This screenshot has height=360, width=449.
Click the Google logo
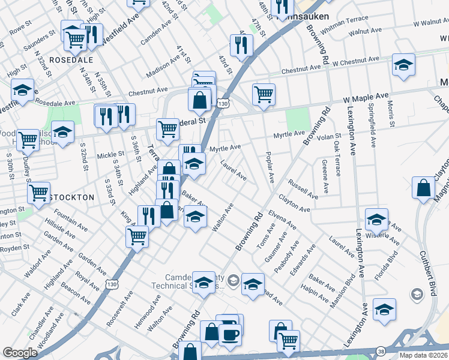[20, 353]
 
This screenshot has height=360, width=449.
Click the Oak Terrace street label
[337, 160]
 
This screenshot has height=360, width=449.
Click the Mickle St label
[110, 154]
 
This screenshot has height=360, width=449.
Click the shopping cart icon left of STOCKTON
[38, 193]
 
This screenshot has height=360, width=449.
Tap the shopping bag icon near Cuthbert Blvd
[424, 188]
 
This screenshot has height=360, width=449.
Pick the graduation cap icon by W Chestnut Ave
[403, 65]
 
